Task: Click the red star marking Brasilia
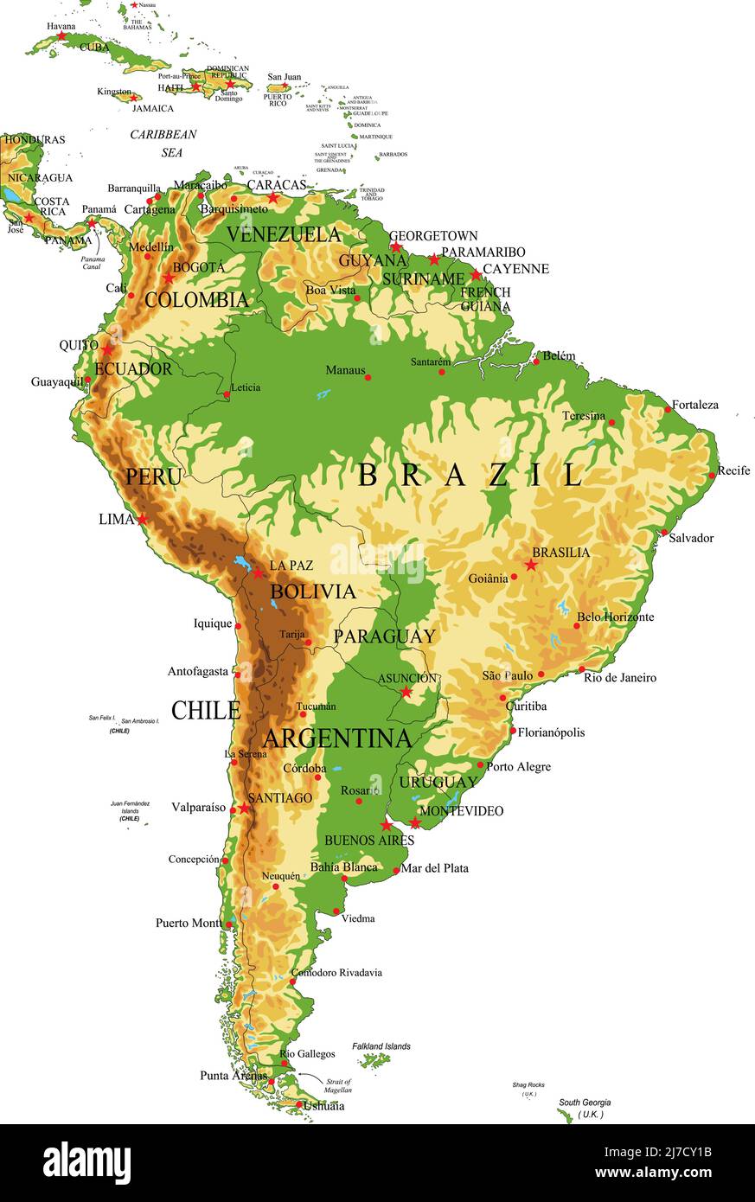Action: point(530,565)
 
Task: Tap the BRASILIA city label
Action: point(560,552)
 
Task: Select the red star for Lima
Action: point(142,519)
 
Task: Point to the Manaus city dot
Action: point(368,377)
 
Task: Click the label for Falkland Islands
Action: point(381,1046)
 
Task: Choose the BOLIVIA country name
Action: point(312,591)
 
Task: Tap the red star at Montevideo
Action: point(415,822)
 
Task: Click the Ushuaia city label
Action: point(324,1106)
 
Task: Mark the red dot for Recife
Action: point(712,475)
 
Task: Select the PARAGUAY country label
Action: point(384,636)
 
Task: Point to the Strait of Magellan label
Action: point(338,1086)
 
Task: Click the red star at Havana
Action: point(62,36)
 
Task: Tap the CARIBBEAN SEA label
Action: point(163,144)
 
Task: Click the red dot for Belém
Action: point(535,361)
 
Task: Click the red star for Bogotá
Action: point(168,278)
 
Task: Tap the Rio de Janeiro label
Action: point(619,678)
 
